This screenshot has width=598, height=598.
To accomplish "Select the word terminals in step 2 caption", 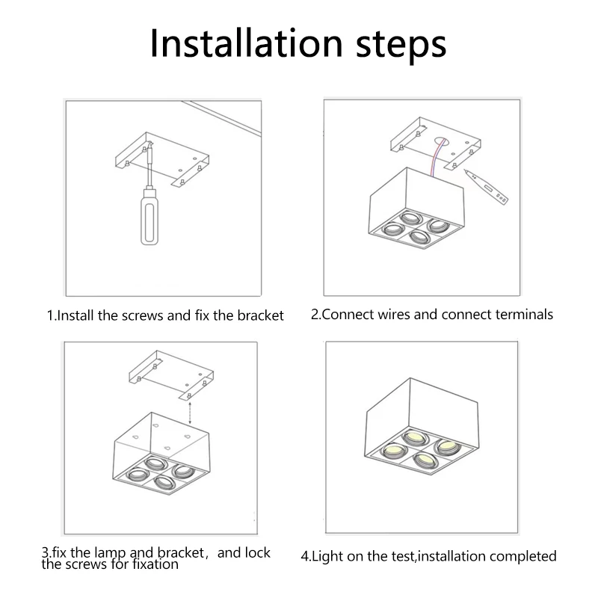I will (x=524, y=314).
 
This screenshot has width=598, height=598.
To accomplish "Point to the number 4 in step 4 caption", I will (x=304, y=556).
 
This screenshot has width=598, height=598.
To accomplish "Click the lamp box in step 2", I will (x=419, y=209).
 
